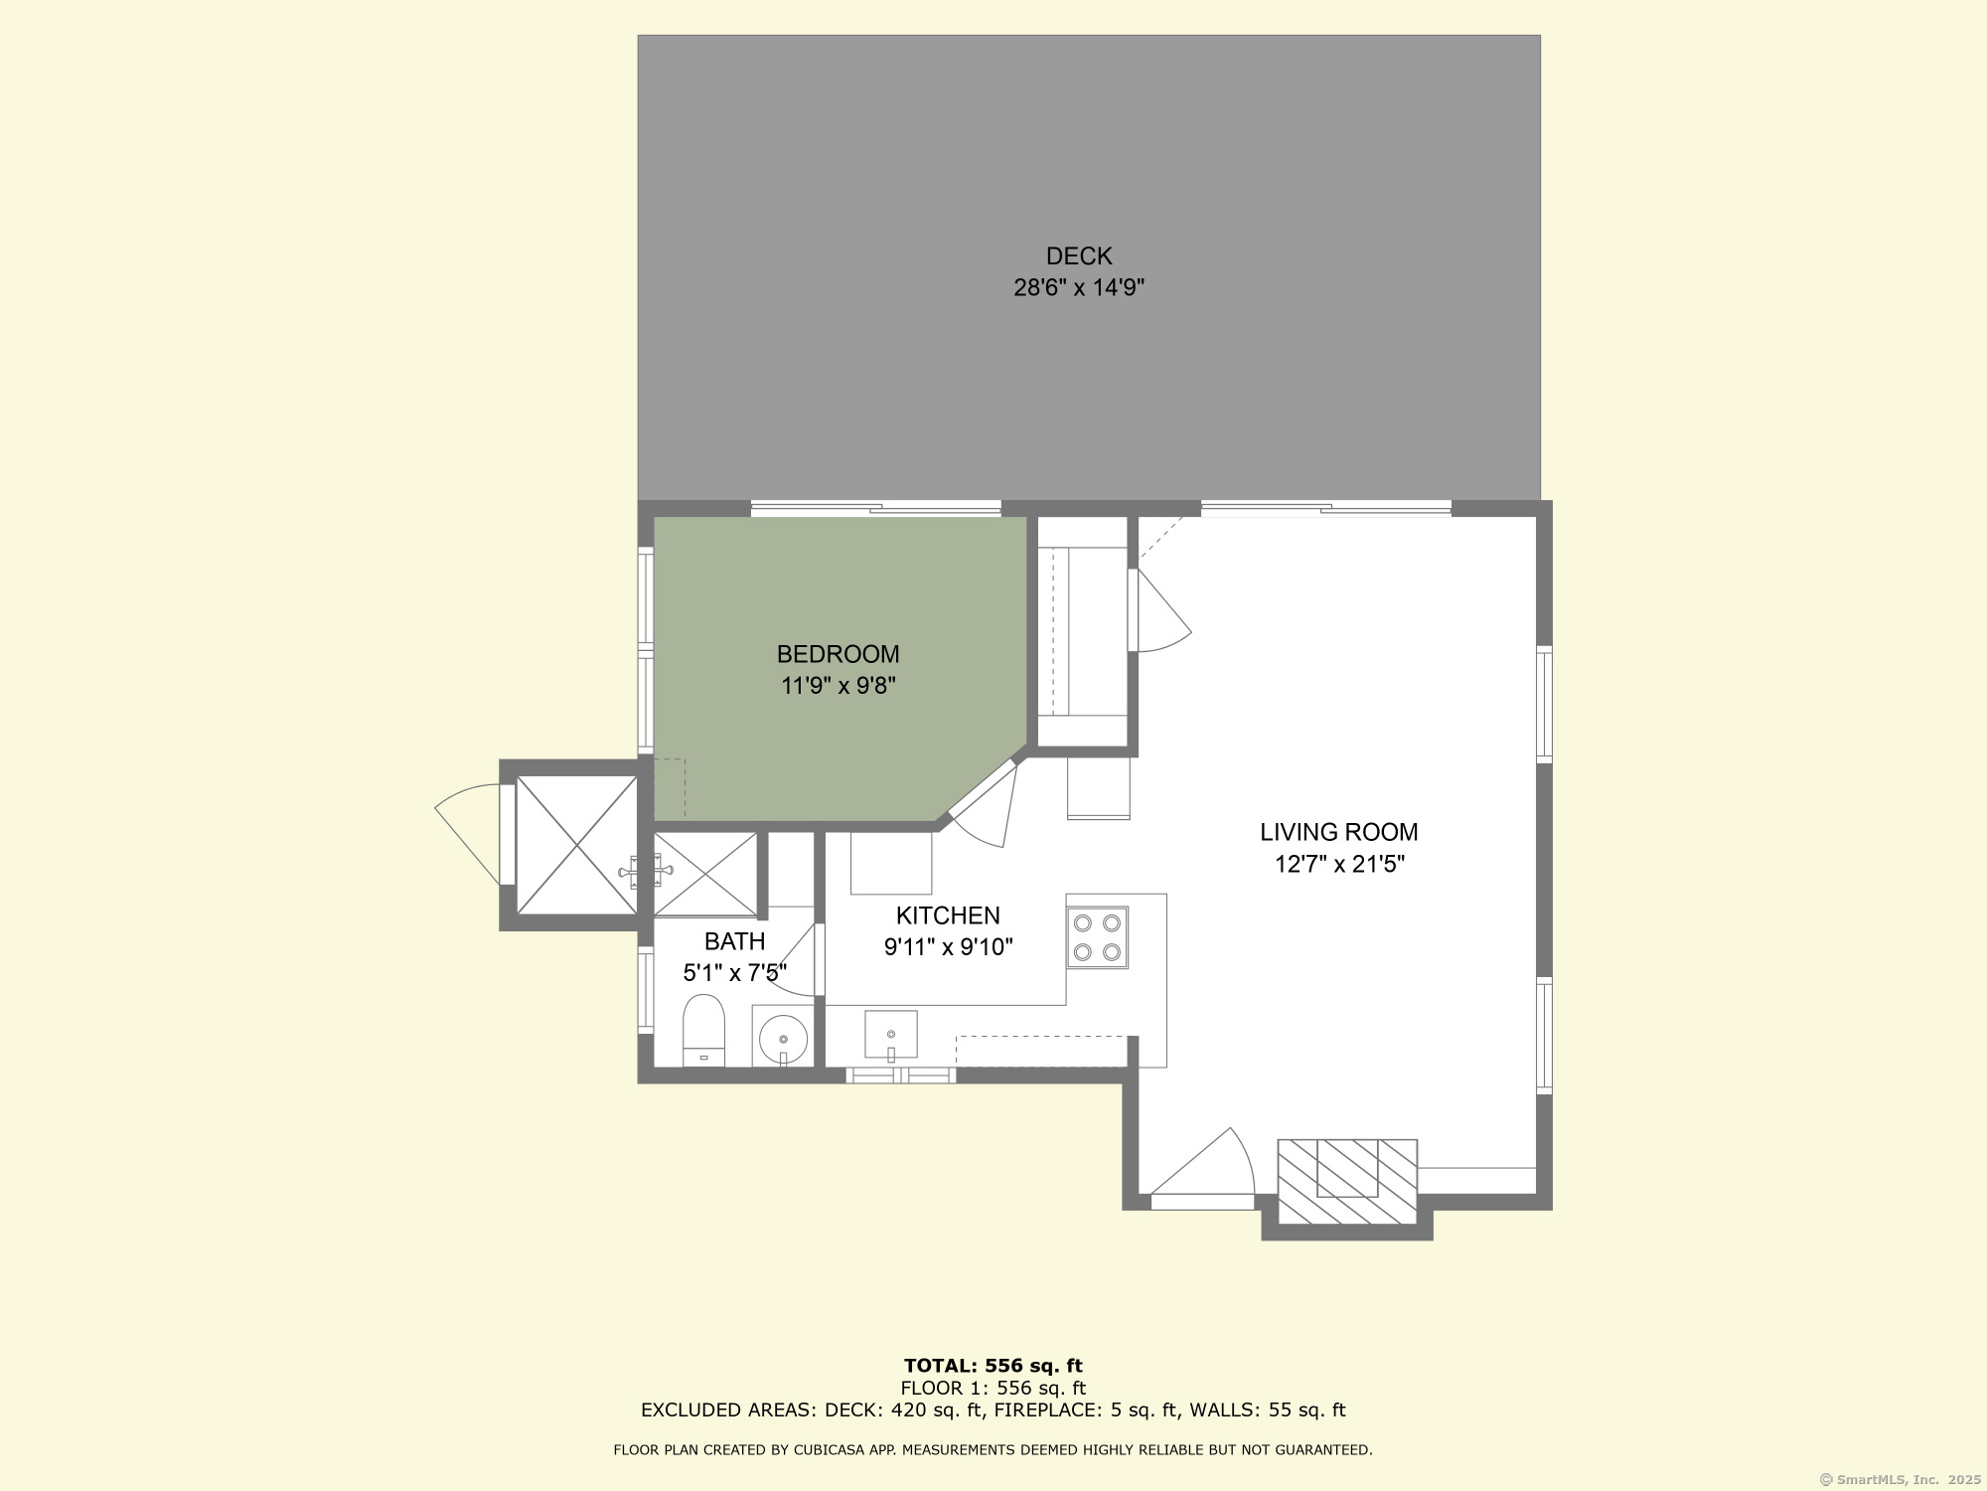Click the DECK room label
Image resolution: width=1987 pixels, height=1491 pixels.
(x=1078, y=256)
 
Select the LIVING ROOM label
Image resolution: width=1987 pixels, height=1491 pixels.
(x=1338, y=832)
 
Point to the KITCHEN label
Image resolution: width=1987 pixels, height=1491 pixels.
(x=947, y=915)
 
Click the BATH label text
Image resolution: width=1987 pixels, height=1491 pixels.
(x=734, y=941)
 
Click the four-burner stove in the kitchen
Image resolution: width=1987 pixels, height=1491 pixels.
(x=1097, y=937)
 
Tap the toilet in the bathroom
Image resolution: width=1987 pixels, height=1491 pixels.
(x=703, y=1030)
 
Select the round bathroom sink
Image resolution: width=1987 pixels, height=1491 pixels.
(x=783, y=1039)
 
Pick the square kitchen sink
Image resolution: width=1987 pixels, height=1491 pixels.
(x=890, y=1035)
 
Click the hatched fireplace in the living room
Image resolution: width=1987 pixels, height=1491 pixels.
(x=1346, y=1182)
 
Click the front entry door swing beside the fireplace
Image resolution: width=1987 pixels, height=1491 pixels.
(x=1207, y=1168)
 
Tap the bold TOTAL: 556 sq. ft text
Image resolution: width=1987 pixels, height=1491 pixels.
(x=993, y=1366)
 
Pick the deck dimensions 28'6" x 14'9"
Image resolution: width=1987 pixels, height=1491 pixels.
(x=1078, y=288)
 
